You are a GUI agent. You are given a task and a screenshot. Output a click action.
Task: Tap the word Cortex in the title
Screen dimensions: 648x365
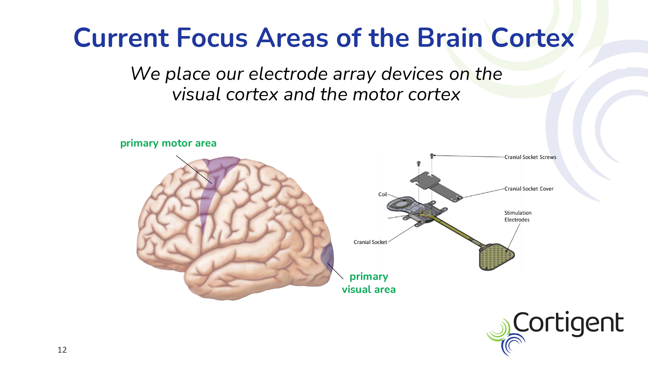(533, 38)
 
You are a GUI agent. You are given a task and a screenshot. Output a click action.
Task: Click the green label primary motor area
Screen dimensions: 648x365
(168, 143)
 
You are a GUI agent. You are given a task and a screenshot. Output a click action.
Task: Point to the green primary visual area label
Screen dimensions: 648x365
(369, 283)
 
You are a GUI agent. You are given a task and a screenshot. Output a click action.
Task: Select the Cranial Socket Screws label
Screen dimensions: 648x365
(530, 157)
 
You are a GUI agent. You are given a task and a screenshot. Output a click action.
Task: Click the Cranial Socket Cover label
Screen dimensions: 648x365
(529, 189)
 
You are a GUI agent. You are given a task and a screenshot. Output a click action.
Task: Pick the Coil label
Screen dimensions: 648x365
(383, 194)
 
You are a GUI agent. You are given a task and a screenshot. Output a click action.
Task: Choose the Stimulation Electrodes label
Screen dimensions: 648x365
(518, 216)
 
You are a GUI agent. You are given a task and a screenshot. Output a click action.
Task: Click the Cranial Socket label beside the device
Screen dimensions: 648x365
(370, 242)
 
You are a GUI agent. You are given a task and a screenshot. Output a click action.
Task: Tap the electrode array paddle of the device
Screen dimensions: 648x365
(496, 257)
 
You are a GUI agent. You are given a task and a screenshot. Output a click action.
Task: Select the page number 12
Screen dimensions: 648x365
(62, 350)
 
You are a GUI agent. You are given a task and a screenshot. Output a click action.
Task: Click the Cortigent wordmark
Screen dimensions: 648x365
(568, 323)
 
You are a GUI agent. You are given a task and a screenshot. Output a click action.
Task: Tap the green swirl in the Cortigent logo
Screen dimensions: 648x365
(498, 330)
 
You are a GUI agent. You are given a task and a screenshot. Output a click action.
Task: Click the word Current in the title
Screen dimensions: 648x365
(121, 38)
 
